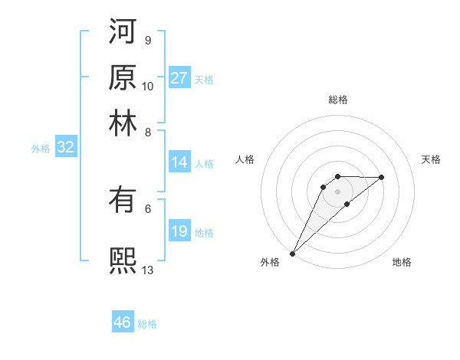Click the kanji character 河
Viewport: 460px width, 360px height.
click(123, 31)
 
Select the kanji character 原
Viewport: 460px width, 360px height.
click(123, 77)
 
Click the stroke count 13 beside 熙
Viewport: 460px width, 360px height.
click(148, 269)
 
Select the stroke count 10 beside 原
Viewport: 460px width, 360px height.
click(148, 86)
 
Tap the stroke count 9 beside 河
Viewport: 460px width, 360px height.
click(147, 40)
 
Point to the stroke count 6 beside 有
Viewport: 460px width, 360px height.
click(147, 208)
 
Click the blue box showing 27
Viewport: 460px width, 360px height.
click(179, 78)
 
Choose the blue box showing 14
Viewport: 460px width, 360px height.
click(179, 162)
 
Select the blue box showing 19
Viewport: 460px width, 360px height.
click(179, 231)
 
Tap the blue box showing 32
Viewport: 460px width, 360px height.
click(66, 148)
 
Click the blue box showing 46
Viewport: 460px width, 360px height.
click(123, 322)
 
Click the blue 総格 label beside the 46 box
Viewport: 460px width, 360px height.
click(147, 324)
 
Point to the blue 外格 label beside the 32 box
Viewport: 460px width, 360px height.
click(40, 149)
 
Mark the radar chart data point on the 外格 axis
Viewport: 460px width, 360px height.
click(292, 254)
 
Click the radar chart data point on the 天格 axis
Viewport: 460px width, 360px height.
click(382, 177)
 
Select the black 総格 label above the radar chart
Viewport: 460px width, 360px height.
click(337, 100)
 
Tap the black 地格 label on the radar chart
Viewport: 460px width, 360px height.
click(402, 262)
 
